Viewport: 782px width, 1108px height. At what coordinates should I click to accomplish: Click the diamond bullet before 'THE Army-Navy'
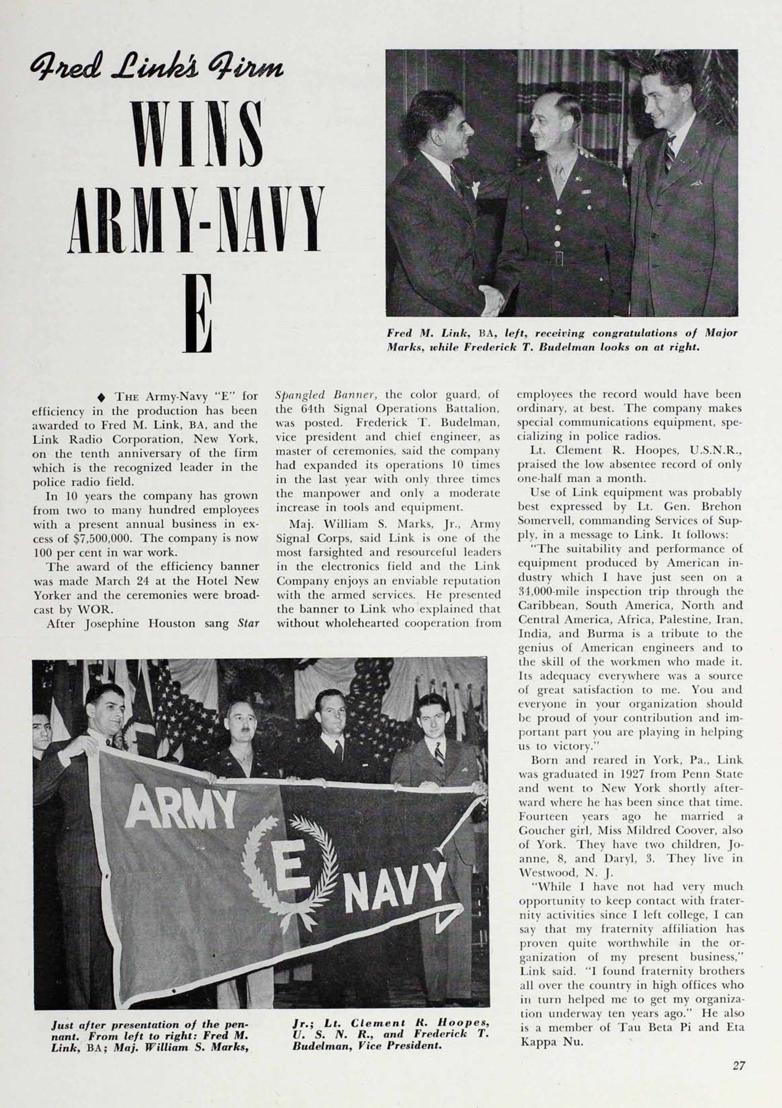(101, 397)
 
